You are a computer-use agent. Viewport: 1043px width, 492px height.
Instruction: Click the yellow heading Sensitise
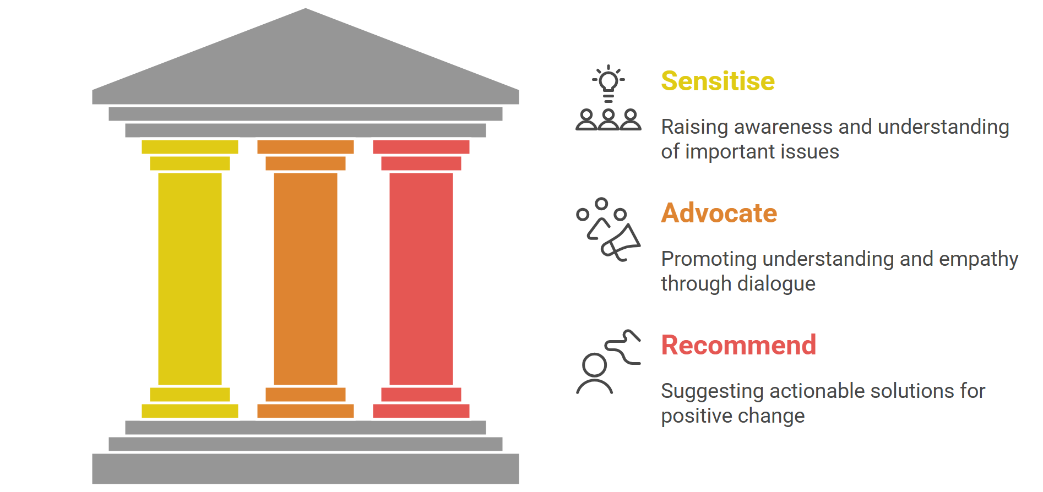718,81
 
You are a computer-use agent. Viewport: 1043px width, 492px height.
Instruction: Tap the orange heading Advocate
719,213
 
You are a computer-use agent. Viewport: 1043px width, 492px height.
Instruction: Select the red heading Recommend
738,345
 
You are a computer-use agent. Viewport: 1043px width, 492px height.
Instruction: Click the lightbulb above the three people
609,83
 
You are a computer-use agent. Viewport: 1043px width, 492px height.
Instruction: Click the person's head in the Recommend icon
594,365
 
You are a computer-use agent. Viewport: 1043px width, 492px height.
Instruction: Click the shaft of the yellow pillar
190,279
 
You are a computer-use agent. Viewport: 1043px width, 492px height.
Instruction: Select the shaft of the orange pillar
306,279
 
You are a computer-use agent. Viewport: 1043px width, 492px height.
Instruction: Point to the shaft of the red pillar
421,279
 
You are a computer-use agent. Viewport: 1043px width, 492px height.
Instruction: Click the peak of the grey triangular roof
306,8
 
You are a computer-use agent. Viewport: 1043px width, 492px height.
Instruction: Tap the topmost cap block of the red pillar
421,147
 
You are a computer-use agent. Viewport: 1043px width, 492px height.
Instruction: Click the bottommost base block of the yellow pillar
190,411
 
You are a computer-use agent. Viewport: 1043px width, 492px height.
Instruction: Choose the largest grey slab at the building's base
306,469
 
